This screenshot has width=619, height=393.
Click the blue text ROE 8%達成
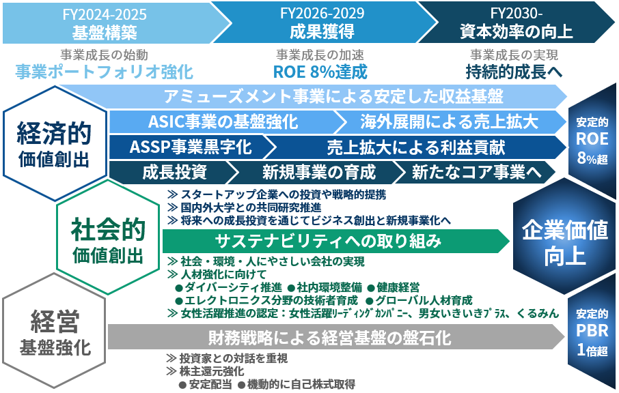(x=320, y=72)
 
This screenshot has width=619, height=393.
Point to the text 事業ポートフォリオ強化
(x=105, y=72)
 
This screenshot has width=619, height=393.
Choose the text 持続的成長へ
(x=514, y=72)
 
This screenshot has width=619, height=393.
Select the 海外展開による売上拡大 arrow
(x=450, y=122)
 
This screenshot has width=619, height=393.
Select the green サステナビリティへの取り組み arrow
(x=335, y=242)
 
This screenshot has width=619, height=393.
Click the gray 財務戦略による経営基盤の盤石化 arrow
(x=335, y=338)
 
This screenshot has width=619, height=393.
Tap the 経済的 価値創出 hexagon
(x=55, y=144)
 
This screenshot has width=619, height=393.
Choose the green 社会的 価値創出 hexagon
(x=108, y=237)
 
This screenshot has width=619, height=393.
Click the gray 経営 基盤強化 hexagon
(x=55, y=331)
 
